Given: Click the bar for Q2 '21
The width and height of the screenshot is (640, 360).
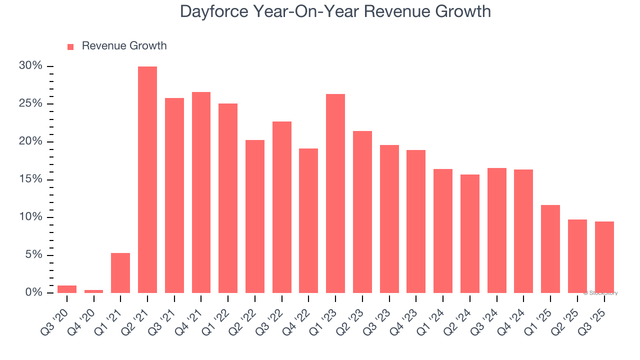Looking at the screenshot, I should pos(147,180).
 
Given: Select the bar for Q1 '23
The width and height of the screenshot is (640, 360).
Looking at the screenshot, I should pos(335,193).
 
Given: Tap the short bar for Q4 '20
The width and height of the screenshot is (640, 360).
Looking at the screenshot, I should pos(93,291).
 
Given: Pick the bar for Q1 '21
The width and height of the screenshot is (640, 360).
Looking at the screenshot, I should pos(120,273).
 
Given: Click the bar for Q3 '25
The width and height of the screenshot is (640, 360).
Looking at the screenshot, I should pos(604,257).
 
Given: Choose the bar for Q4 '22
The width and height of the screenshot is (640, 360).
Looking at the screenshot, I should pos(308,220).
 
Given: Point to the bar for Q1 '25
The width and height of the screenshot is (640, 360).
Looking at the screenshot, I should pos(550,249).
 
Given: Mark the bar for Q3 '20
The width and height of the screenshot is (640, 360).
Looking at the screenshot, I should pos(67,289).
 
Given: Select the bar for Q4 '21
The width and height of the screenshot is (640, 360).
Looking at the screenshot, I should pos(201,192).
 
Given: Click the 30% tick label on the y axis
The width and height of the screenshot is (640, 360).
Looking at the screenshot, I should pos(30,66).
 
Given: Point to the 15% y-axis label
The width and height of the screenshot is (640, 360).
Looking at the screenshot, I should pos(30,179).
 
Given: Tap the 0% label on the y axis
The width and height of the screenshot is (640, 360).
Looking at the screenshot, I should pos(33,292).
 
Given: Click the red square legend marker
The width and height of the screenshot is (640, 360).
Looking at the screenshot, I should pos(70,46).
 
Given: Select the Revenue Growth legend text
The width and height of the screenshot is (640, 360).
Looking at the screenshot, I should pos(124,46).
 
